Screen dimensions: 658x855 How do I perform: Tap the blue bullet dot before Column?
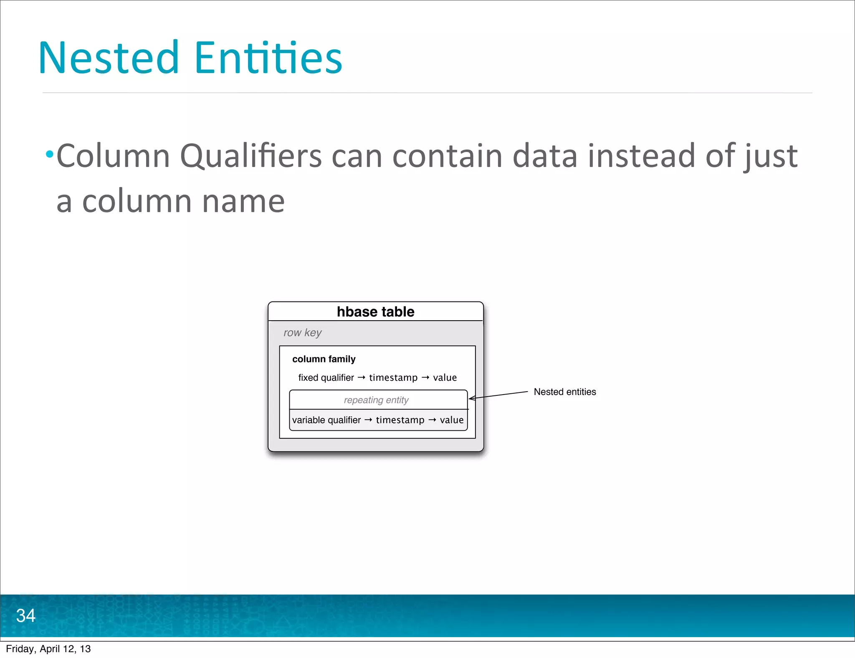pyautogui.click(x=50, y=155)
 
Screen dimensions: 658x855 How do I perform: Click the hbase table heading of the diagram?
pyautogui.click(x=375, y=312)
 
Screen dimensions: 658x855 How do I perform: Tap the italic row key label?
pyautogui.click(x=302, y=333)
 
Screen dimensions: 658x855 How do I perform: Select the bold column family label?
pyautogui.click(x=324, y=359)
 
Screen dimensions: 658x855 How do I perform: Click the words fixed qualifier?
pyautogui.click(x=326, y=378)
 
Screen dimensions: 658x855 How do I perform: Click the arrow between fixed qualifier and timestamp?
pyautogui.click(x=362, y=377)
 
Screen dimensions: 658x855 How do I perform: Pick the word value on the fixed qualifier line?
pyautogui.click(x=445, y=378)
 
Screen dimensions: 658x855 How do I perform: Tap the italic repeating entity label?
pyautogui.click(x=376, y=400)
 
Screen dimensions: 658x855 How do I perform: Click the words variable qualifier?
pyautogui.click(x=326, y=420)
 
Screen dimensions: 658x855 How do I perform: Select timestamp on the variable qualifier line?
pyautogui.click(x=400, y=420)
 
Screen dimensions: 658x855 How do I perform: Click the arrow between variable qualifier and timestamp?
pyautogui.click(x=368, y=420)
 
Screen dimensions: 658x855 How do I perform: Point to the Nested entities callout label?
pyautogui.click(x=564, y=392)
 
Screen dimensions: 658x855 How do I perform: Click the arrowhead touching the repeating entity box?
pyautogui.click(x=471, y=398)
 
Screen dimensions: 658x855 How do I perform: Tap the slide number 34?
pyautogui.click(x=26, y=615)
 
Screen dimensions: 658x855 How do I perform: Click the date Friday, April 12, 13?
pyautogui.click(x=48, y=649)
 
